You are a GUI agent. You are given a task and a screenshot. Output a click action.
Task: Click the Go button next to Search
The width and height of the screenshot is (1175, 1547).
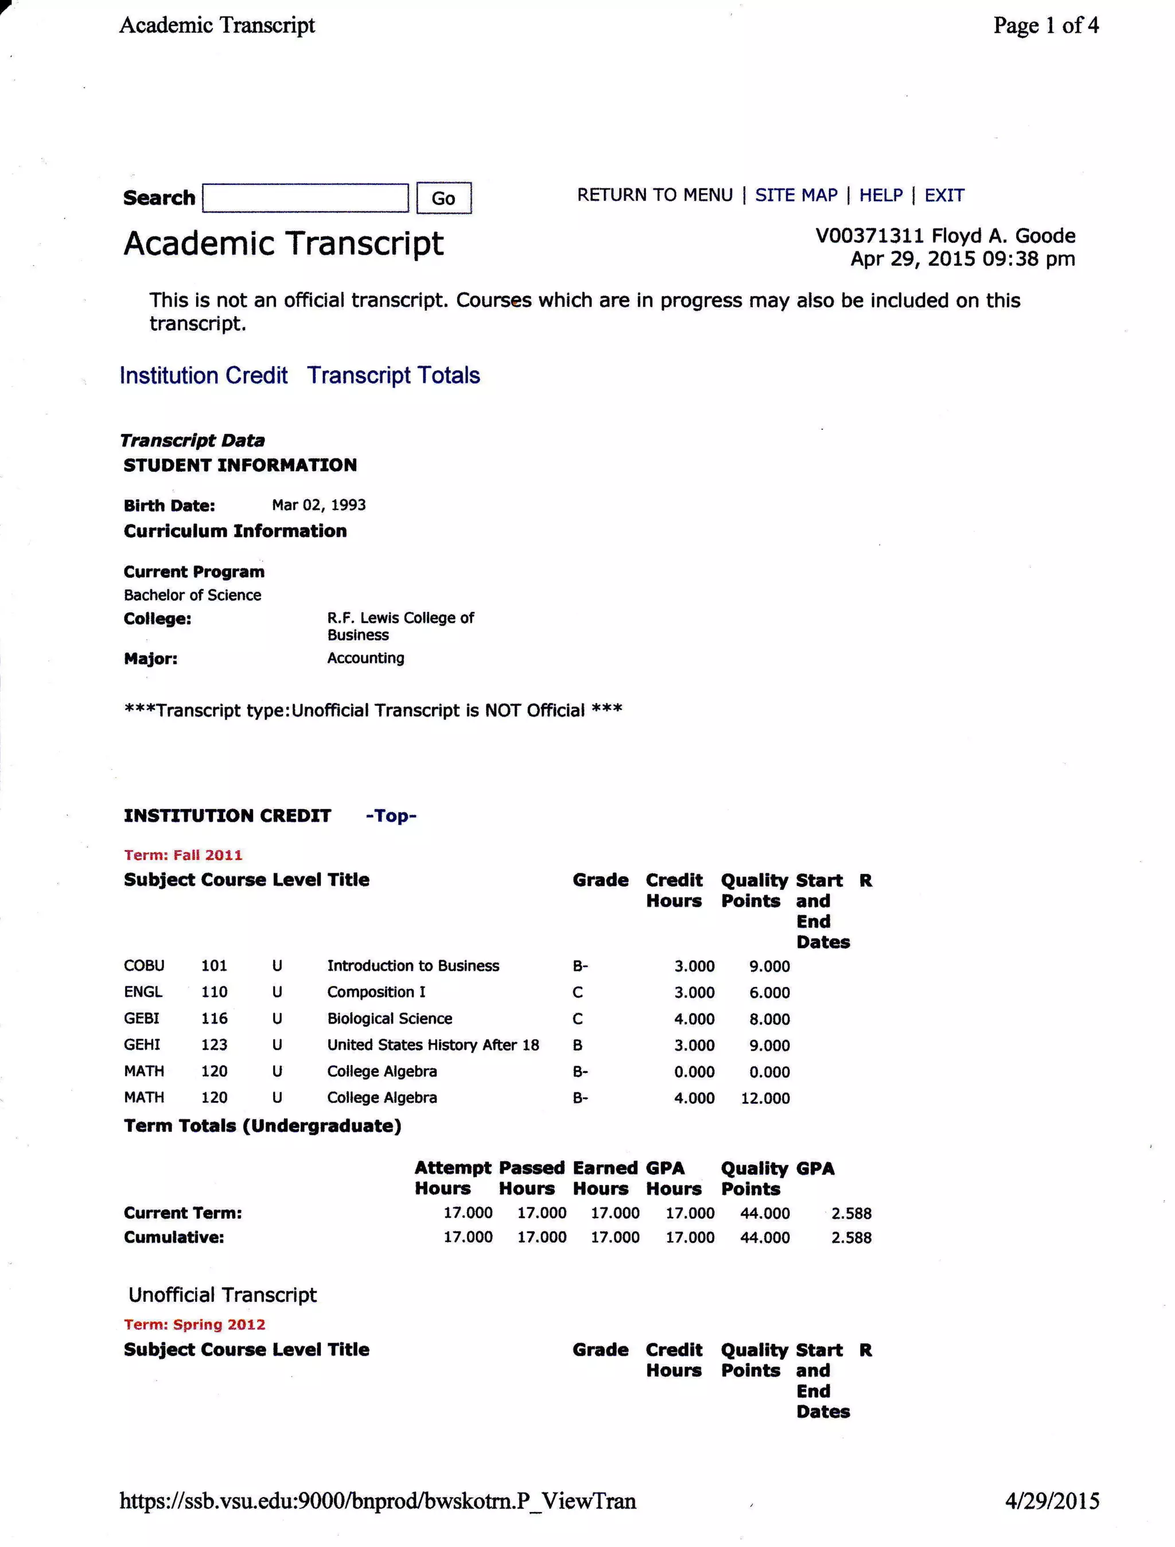(x=443, y=198)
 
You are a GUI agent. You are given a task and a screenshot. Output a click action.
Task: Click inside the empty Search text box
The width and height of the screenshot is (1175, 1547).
(x=305, y=198)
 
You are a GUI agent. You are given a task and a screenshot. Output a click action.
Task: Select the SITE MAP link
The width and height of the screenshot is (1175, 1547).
(x=796, y=195)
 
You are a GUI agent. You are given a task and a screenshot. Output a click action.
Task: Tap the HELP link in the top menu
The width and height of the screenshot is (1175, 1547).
(x=881, y=195)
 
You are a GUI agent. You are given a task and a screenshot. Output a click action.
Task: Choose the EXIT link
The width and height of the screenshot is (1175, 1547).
(x=944, y=195)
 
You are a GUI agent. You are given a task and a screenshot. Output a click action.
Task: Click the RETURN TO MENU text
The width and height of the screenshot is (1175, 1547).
(x=655, y=195)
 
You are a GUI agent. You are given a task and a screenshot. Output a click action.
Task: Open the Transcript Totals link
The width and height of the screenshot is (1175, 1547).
(x=393, y=375)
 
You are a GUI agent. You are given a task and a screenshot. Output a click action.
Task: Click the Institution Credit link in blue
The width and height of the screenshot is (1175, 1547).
(x=204, y=375)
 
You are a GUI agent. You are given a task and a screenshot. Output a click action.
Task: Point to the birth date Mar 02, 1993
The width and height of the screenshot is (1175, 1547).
(x=318, y=505)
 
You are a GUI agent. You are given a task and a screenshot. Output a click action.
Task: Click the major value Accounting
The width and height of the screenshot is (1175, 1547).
(x=365, y=658)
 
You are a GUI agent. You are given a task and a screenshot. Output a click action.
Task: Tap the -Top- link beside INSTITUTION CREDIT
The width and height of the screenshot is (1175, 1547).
(x=391, y=815)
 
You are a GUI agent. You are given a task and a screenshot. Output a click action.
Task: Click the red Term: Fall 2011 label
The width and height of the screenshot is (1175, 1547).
(x=183, y=854)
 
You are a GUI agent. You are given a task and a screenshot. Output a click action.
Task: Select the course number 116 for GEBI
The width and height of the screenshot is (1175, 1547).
(x=214, y=1019)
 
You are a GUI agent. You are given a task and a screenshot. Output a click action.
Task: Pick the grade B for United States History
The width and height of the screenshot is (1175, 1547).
(x=578, y=1045)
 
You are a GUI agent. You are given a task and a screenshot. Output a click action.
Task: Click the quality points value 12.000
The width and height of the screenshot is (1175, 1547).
(x=765, y=1098)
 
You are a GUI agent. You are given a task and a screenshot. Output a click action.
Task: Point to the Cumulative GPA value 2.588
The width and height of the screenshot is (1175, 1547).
(x=851, y=1237)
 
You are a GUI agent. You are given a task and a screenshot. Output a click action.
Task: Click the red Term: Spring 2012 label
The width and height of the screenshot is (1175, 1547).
(x=194, y=1324)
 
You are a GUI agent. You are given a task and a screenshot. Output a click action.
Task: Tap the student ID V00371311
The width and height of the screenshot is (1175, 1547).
(x=869, y=236)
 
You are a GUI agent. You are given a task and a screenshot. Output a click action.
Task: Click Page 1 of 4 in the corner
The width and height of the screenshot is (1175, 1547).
(x=1045, y=26)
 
